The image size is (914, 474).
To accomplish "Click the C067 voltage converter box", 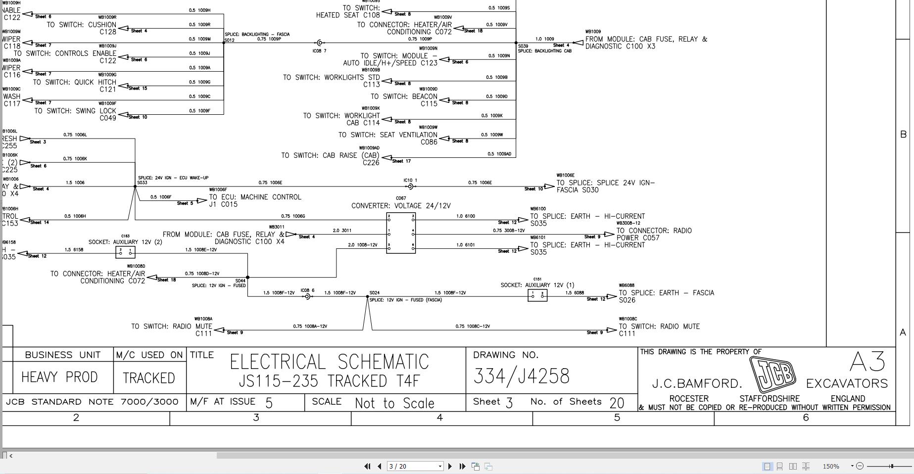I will (401, 233).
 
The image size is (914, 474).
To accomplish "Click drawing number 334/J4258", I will (521, 377).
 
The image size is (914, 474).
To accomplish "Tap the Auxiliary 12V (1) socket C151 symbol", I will (537, 296).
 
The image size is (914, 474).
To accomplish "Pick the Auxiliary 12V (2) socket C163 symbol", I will (125, 252).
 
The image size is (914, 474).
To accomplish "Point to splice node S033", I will (135, 187).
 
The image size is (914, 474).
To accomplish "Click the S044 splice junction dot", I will (247, 278).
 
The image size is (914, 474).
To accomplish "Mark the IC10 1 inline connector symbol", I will (411, 187).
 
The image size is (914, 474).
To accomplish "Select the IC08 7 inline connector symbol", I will (320, 43).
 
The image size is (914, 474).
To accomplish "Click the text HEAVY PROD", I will (59, 378).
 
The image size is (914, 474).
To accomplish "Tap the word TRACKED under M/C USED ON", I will (148, 379).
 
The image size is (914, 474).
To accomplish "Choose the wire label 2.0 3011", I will (342, 231).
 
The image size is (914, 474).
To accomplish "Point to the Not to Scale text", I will (394, 403).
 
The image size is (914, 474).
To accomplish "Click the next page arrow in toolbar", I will (450, 466).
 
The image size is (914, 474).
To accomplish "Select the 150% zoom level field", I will (831, 466).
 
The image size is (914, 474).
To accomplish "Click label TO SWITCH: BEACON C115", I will (404, 100).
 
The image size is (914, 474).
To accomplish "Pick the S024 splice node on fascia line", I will (368, 297).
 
